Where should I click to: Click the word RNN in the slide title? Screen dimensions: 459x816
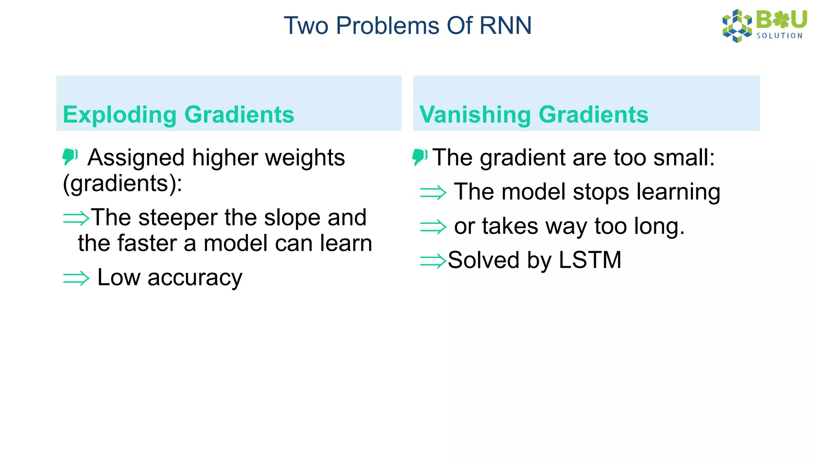tap(505, 26)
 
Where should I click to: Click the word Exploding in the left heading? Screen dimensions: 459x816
tap(120, 115)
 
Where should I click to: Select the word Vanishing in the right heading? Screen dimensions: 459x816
tap(475, 115)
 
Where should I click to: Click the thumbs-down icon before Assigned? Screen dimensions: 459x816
tap(70, 157)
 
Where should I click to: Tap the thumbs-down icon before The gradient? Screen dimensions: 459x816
tap(420, 157)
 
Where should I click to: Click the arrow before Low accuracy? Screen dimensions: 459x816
tap(76, 278)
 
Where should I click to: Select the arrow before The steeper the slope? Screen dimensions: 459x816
tap(76, 218)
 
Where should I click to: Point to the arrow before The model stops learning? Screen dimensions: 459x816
tap(433, 193)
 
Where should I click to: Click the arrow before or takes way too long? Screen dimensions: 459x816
tap(433, 227)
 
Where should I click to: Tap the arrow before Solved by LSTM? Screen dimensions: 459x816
tap(433, 261)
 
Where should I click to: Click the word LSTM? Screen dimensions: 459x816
tap(590, 260)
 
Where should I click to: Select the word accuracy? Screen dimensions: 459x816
tap(195, 278)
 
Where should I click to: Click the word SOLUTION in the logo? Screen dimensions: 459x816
tap(779, 36)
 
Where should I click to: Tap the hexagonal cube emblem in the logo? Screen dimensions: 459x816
tap(737, 26)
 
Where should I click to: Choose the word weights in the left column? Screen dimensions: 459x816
tap(305, 158)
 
